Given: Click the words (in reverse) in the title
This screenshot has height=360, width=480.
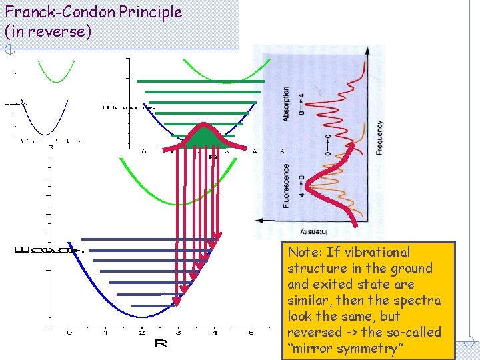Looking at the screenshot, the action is tap(47, 31).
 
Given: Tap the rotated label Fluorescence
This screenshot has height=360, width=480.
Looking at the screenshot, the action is tap(286, 186).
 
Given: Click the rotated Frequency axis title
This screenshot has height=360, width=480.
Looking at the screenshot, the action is tap(379, 138).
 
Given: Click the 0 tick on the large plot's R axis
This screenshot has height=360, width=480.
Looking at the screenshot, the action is tap(69, 331).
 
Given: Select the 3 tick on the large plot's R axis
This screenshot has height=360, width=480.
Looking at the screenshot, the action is tap(178, 331).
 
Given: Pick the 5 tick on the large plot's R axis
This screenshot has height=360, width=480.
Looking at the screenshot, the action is tap(251, 331).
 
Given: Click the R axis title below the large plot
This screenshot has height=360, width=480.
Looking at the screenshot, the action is tap(161, 343).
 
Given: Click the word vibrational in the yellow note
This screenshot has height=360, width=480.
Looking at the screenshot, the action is tap(377, 252).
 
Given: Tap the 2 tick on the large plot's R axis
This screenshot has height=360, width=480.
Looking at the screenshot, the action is tap(142, 331).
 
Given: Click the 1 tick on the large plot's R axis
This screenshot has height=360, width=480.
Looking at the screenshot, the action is tap(105, 331).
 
